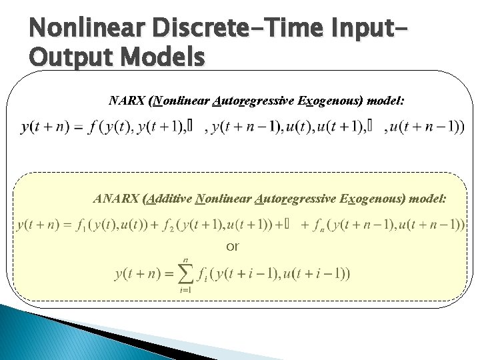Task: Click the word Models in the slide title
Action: [x=161, y=58]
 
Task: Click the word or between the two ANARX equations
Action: [x=232, y=247]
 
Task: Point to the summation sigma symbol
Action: [x=185, y=273]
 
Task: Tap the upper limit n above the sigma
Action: [x=185, y=258]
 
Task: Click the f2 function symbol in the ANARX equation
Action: [x=173, y=225]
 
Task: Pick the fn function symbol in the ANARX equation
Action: [x=318, y=225]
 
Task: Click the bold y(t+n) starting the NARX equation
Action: [x=45, y=127]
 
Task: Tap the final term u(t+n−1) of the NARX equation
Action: [x=427, y=127]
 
